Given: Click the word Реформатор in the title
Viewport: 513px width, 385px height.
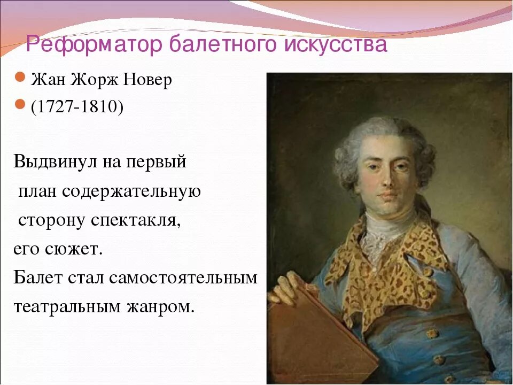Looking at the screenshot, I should pyautogui.click(x=95, y=44).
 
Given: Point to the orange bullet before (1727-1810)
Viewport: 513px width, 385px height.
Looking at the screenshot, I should pyautogui.click(x=20, y=105).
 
